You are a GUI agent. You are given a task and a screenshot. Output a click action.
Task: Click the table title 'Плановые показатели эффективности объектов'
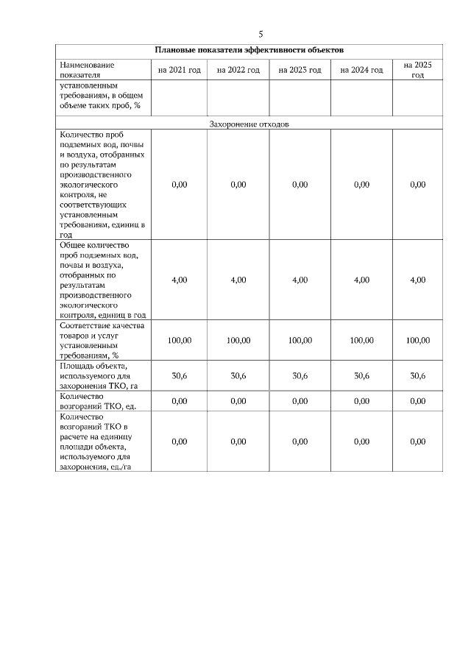(x=249, y=50)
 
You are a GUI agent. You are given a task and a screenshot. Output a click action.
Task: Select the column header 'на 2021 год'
(x=179, y=70)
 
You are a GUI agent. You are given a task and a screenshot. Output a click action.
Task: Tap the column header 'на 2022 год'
(x=238, y=70)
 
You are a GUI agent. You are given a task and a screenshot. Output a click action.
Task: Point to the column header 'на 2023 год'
(x=300, y=70)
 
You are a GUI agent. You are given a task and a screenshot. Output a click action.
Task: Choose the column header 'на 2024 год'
(x=361, y=70)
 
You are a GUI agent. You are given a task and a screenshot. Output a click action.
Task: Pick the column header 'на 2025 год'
(x=417, y=70)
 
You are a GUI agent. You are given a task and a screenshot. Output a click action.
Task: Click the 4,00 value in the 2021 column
(x=179, y=280)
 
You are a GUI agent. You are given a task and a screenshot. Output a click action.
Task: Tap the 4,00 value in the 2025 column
(x=417, y=280)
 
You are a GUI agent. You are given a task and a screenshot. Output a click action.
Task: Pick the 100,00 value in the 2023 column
(x=300, y=341)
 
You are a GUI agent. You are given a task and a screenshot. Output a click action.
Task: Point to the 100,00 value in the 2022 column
(x=238, y=341)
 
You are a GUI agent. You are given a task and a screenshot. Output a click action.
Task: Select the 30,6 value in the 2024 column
(x=361, y=375)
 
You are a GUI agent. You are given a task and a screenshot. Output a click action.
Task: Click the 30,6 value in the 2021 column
(x=179, y=375)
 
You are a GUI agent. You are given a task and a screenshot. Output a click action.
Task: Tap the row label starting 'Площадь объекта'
(x=99, y=375)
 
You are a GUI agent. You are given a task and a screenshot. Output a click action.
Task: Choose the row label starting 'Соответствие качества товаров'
(x=102, y=341)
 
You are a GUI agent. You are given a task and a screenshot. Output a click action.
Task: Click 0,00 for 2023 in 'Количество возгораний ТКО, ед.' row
(x=300, y=401)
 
